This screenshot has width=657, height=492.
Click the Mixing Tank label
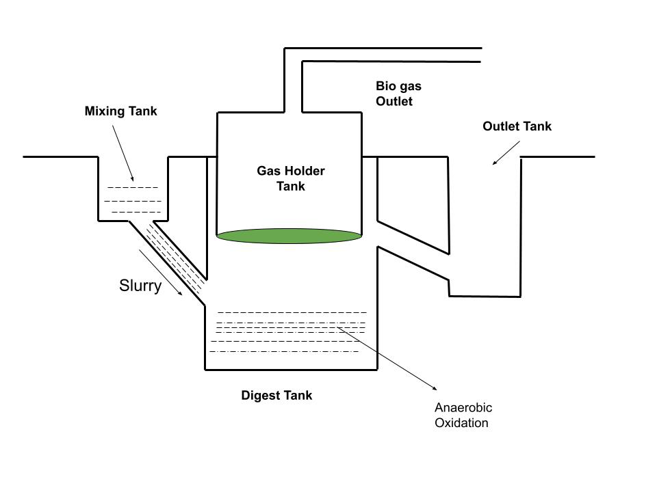[120, 111]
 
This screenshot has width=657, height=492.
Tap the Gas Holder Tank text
[291, 178]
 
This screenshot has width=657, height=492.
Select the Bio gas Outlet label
[398, 94]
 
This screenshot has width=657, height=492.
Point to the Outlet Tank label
[517, 126]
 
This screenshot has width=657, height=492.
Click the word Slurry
[140, 286]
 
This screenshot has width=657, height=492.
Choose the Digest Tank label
[276, 395]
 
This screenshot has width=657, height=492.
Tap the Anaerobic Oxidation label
[463, 415]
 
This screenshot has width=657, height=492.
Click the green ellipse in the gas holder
[289, 236]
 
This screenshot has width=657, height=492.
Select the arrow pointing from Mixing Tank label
[123, 151]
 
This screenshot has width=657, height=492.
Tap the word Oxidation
[462, 422]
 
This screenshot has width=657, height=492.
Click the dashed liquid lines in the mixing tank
[133, 200]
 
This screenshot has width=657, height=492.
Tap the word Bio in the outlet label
[386, 86]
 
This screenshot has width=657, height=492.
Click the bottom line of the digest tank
[291, 370]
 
